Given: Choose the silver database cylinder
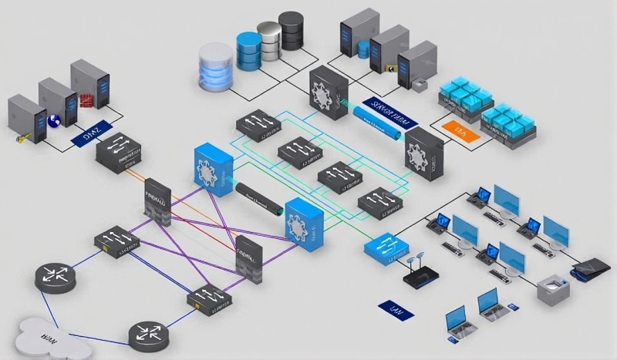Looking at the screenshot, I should click(269, 39).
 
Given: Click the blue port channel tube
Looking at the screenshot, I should click(379, 123).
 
